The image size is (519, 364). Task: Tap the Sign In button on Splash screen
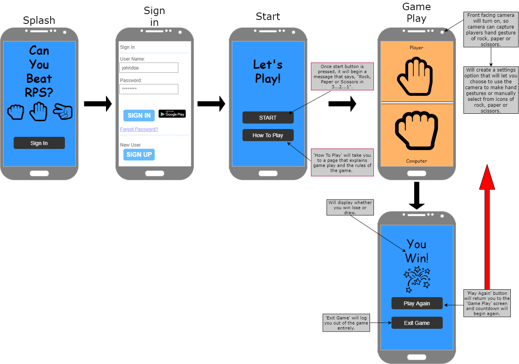[x=39, y=143]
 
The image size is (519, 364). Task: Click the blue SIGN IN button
[x=139, y=115]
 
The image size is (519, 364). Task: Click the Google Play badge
[x=172, y=114]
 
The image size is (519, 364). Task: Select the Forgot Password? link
[x=139, y=129]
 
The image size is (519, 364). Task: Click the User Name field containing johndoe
[x=149, y=68]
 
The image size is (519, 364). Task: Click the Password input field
[x=149, y=89]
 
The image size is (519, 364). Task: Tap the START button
[x=268, y=118]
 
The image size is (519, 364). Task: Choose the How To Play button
[x=268, y=135]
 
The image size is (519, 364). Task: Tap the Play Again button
[x=417, y=303]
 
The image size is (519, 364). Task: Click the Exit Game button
[x=417, y=323]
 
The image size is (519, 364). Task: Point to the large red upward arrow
[x=487, y=227]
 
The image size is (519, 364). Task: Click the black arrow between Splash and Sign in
[x=98, y=104]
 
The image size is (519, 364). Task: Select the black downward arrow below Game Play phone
[x=417, y=195]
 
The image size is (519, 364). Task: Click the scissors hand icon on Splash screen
[x=63, y=112]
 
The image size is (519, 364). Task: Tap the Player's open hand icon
[x=415, y=76]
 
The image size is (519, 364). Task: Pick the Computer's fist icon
[x=416, y=130]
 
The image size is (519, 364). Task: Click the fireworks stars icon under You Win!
[x=417, y=279]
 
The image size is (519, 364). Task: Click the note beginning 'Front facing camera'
[x=491, y=30]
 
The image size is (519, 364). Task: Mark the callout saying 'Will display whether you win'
[x=350, y=208]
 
